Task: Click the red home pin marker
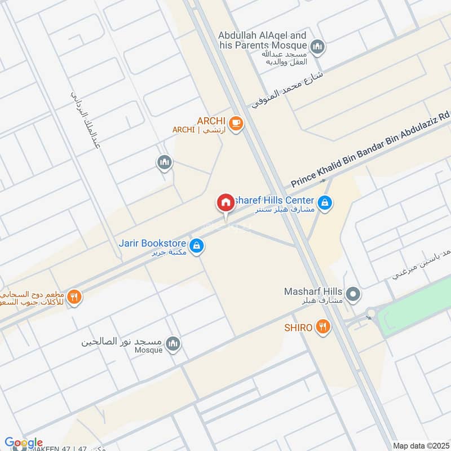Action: [225, 203]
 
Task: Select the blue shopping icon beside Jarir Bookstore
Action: [196, 246]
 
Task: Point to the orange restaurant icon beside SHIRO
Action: [322, 327]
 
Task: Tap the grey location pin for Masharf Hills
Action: [353, 294]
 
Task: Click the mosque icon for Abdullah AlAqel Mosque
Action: [318, 46]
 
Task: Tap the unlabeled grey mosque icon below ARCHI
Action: [164, 163]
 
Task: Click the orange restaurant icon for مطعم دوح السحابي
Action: [74, 297]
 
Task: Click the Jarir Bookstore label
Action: [152, 244]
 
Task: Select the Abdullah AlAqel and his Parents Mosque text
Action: [263, 40]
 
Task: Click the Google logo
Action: [24, 443]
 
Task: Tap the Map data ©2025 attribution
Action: [420, 445]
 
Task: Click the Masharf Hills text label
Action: [313, 292]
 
